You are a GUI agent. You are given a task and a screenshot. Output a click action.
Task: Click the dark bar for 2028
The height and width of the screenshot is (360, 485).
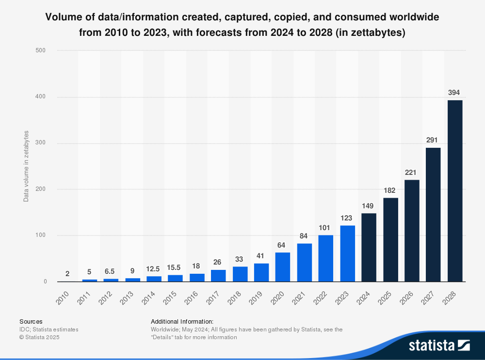[x=455, y=191]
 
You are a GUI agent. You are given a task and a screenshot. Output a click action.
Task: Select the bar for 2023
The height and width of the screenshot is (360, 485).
[x=347, y=253]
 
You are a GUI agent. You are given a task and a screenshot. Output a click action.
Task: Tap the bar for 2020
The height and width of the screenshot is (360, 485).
[x=283, y=267]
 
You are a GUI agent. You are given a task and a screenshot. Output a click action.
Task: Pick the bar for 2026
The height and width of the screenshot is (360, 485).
[x=412, y=231]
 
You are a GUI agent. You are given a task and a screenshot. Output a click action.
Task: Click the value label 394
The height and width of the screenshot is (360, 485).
[x=454, y=93]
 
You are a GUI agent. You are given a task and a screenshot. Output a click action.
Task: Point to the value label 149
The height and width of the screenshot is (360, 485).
[x=369, y=205]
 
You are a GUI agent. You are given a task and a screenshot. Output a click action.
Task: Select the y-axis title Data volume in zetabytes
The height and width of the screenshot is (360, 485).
[x=26, y=166]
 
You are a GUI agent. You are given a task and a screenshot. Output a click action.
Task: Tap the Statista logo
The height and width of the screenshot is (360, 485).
[x=439, y=345]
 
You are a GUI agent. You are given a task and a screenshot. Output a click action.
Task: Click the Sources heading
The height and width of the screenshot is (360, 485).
[x=31, y=321]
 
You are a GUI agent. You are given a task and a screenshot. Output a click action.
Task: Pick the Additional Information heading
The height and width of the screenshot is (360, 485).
[x=182, y=321]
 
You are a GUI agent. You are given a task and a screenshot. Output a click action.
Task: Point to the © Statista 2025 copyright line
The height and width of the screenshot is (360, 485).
[x=39, y=337]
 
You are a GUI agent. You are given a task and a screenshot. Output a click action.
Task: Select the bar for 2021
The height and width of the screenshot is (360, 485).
[x=304, y=262]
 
